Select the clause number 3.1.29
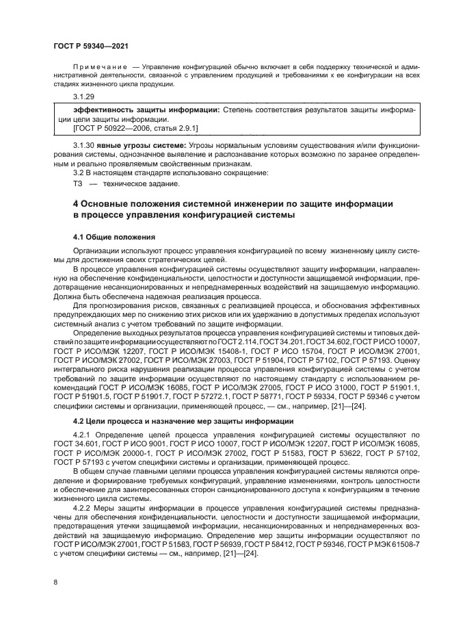pyautogui.click(x=83, y=98)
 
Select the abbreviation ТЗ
pyautogui.click(x=77, y=183)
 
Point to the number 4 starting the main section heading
pyautogui.click(x=76, y=204)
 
